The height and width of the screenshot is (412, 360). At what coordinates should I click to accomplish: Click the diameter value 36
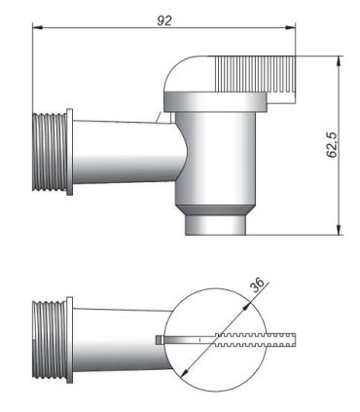click(257, 285)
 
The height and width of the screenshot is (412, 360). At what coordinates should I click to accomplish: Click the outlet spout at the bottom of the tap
click(216, 225)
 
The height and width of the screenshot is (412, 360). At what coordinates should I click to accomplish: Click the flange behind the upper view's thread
click(69, 151)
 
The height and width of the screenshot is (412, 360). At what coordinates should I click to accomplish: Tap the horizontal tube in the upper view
click(122, 152)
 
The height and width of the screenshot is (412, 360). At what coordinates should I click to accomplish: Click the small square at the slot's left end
click(159, 339)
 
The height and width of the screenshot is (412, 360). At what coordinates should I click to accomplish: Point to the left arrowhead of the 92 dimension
click(37, 28)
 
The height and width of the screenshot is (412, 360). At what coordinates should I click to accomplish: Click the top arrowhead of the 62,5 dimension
click(340, 57)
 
